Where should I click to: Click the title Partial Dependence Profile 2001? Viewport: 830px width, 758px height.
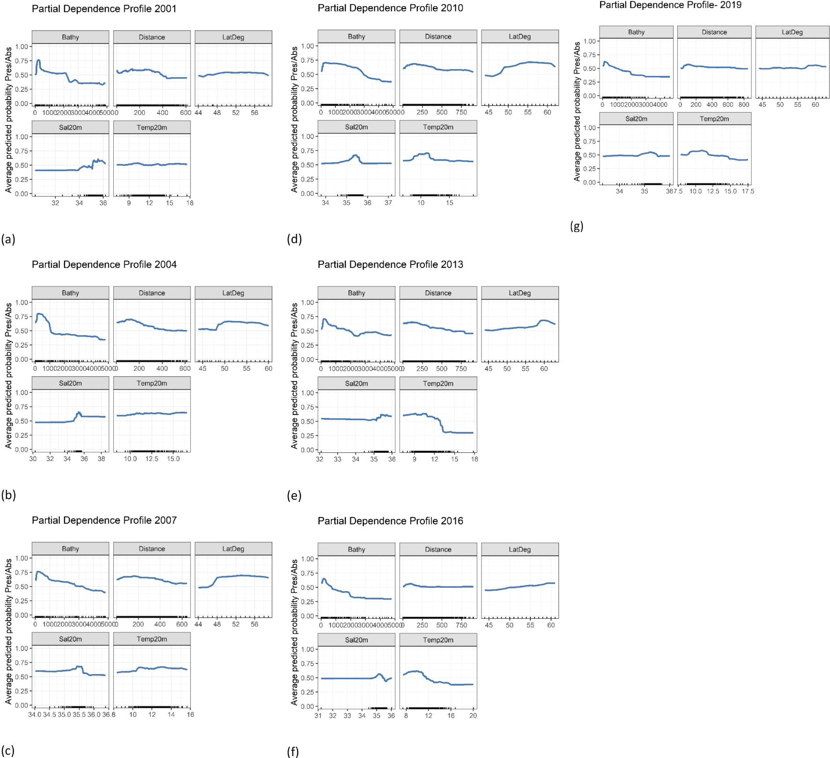point(104,9)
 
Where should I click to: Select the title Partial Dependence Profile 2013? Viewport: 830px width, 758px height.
point(390,265)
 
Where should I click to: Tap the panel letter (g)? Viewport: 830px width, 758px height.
point(577,226)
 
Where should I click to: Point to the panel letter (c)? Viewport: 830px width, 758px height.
point(8,750)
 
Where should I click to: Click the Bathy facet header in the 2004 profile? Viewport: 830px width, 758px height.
point(70,293)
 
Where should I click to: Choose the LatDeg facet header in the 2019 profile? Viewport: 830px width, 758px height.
point(792,32)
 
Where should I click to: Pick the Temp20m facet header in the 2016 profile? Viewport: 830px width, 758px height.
point(438,640)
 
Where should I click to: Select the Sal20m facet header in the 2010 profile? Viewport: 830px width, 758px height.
point(356,128)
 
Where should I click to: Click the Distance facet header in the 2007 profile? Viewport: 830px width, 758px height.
point(152,549)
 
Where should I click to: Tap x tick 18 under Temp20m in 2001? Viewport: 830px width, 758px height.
point(190,203)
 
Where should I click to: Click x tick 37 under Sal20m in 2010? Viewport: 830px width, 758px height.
point(388,203)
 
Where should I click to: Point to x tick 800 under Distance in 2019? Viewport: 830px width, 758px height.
point(744,105)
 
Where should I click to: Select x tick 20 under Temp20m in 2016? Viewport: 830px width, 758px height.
point(473,716)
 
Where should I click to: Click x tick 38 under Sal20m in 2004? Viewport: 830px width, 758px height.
point(101,459)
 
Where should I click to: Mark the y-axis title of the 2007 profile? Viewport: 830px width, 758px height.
point(8,631)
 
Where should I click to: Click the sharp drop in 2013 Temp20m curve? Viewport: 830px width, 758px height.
point(442,426)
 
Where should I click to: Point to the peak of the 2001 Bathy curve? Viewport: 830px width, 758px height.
point(38,60)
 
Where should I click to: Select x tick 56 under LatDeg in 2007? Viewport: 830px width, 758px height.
point(254,624)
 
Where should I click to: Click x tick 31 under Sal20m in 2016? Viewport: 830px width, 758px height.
point(318,716)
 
